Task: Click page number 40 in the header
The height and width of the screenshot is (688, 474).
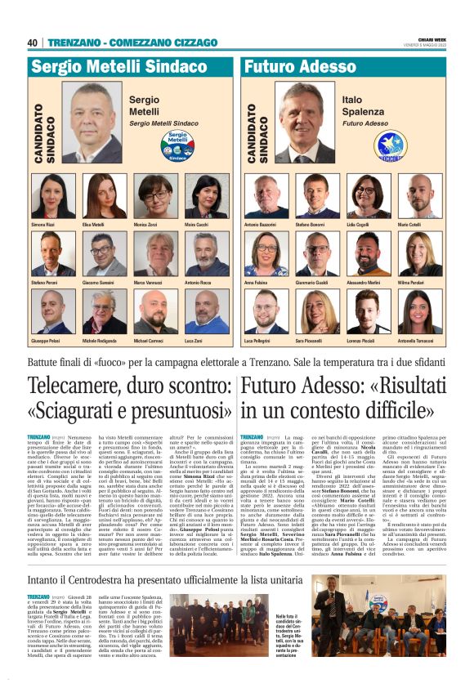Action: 33,42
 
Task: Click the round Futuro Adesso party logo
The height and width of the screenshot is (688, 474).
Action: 370,145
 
